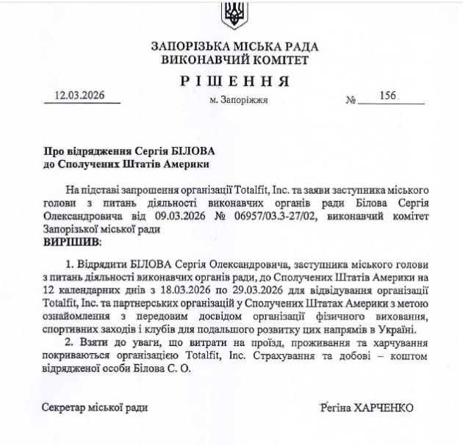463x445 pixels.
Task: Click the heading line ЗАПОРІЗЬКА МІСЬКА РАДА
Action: pos(234,46)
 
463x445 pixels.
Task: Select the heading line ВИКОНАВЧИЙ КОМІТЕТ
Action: pos(234,59)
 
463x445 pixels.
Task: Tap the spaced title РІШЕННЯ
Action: pos(234,80)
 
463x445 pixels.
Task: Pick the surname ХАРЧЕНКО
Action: pos(383,407)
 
